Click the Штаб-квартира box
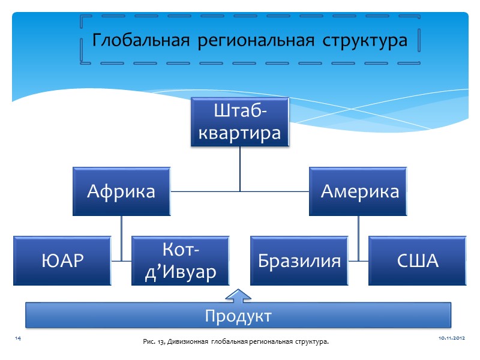240,122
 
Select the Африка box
122,191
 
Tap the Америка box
358,191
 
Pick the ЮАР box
62,261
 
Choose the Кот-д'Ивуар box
181,261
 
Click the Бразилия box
299,261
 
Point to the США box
418,261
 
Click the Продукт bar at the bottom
238,315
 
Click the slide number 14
17,340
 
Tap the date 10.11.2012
452,340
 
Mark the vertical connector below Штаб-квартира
240,169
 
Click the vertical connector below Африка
122,231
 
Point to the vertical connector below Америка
358,231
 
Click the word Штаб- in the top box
240,112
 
